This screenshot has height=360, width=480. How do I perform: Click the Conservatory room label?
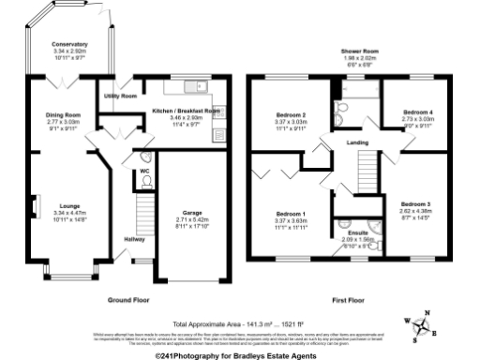[x=70, y=44]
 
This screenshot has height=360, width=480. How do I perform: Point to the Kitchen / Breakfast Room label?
[x=186, y=111]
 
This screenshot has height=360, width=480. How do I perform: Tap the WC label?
[x=145, y=172]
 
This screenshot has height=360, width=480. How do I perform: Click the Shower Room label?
[x=359, y=51]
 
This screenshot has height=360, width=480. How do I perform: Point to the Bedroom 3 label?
[x=416, y=203]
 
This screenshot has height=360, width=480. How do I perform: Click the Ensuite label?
[x=359, y=233]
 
